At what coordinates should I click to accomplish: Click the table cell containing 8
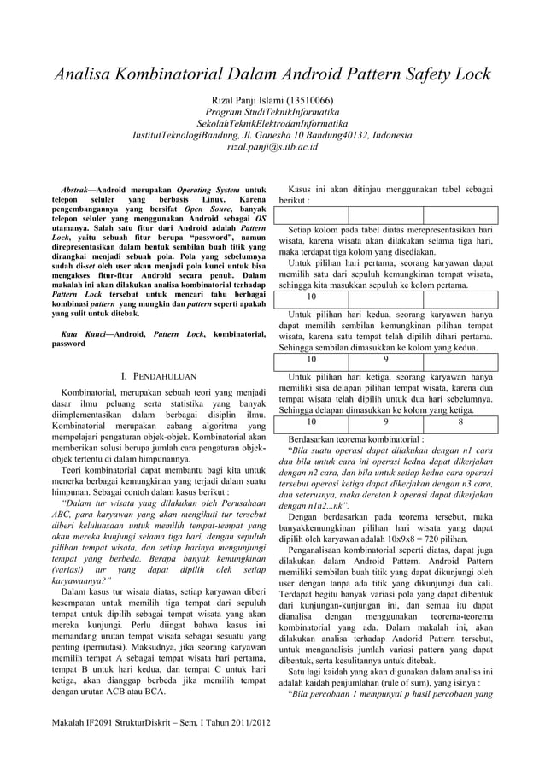pos(460,421)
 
